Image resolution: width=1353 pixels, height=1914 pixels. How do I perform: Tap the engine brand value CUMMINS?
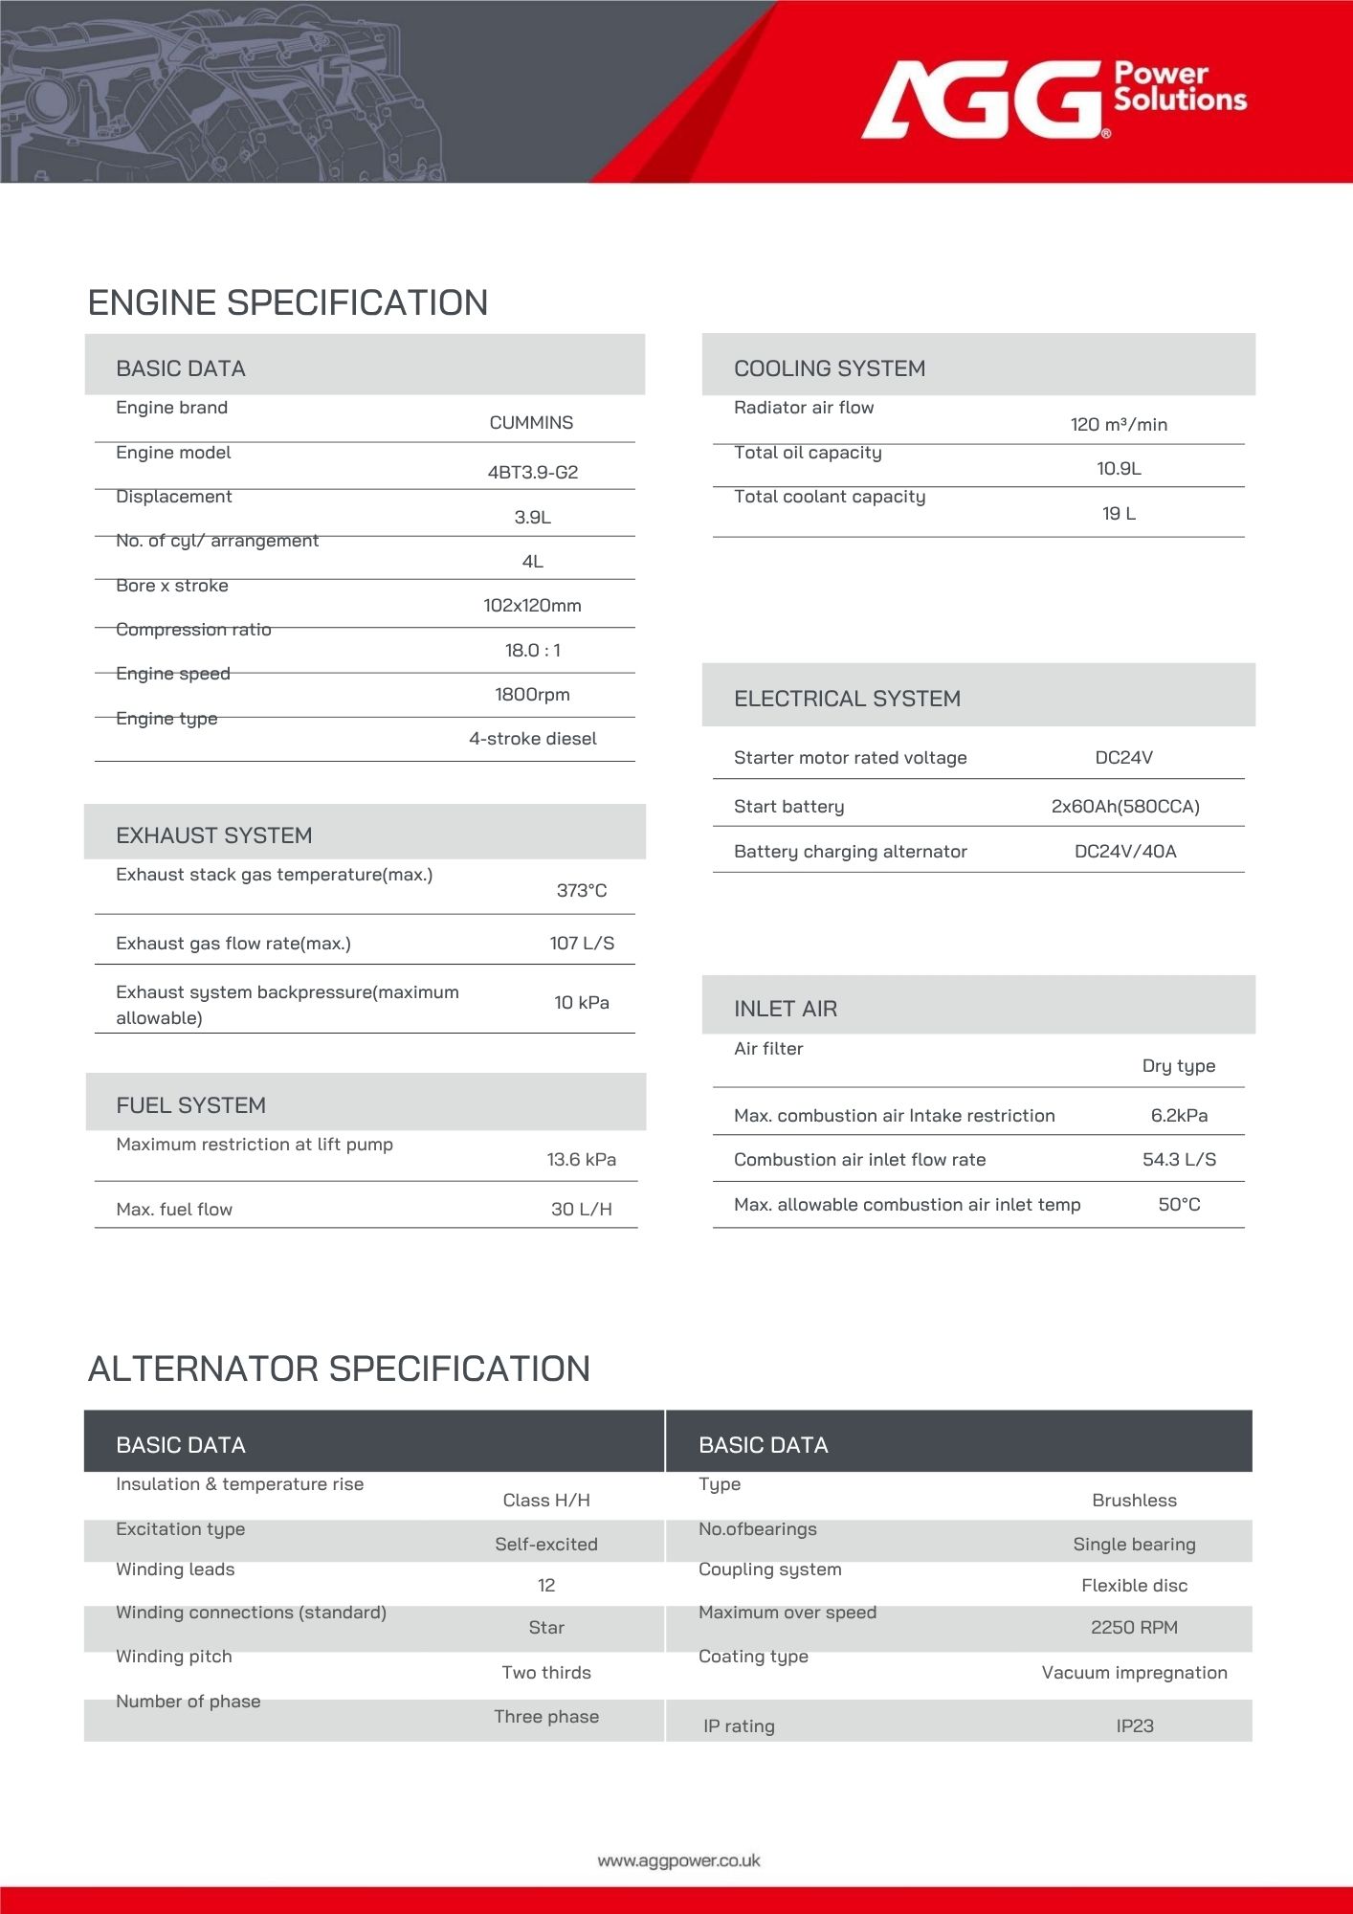click(x=531, y=423)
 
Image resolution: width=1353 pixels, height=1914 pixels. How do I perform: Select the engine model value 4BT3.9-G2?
click(x=532, y=472)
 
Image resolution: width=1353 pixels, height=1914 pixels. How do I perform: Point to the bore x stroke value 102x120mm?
click(x=532, y=605)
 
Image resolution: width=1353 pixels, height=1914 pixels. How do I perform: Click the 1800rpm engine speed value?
click(x=532, y=694)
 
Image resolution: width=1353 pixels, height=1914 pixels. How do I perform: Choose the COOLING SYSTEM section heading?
click(x=829, y=368)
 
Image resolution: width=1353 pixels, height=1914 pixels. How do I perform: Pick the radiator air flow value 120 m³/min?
click(x=1119, y=424)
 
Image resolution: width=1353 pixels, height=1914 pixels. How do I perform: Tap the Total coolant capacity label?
click(x=830, y=497)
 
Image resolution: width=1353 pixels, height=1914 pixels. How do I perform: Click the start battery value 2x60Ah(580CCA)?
click(x=1125, y=806)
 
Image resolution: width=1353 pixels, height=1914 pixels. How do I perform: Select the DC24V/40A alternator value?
click(x=1125, y=851)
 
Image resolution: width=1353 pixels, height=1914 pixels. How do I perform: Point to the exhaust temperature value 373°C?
click(x=582, y=890)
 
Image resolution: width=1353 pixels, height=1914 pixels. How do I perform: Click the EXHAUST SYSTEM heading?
click(x=213, y=835)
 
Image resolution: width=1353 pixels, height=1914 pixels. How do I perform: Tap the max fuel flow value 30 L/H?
click(x=582, y=1209)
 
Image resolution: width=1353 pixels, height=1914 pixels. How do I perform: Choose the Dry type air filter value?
click(x=1179, y=1065)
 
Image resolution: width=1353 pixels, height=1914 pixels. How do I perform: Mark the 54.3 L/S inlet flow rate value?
click(x=1179, y=1159)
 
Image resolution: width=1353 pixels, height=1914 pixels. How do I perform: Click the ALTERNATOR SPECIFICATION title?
click(x=339, y=1369)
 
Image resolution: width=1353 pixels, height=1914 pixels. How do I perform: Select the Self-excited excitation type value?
click(x=546, y=1544)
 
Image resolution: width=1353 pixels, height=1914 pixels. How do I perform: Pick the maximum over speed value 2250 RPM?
click(x=1134, y=1627)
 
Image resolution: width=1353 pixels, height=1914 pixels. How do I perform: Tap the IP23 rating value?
click(x=1135, y=1725)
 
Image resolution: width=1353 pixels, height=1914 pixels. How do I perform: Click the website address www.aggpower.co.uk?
click(x=678, y=1860)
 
